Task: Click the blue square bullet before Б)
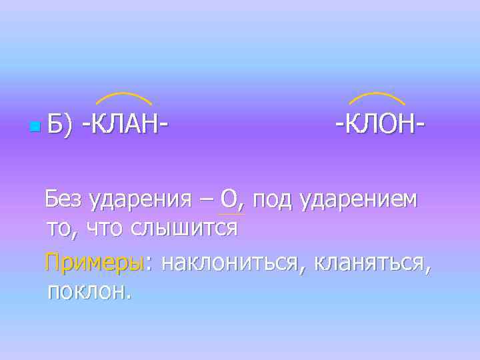(x=33, y=126)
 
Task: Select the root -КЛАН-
(x=124, y=125)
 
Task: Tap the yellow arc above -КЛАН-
(x=124, y=97)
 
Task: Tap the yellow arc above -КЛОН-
(x=377, y=97)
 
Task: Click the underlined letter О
(x=229, y=199)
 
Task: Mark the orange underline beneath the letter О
(x=231, y=215)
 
